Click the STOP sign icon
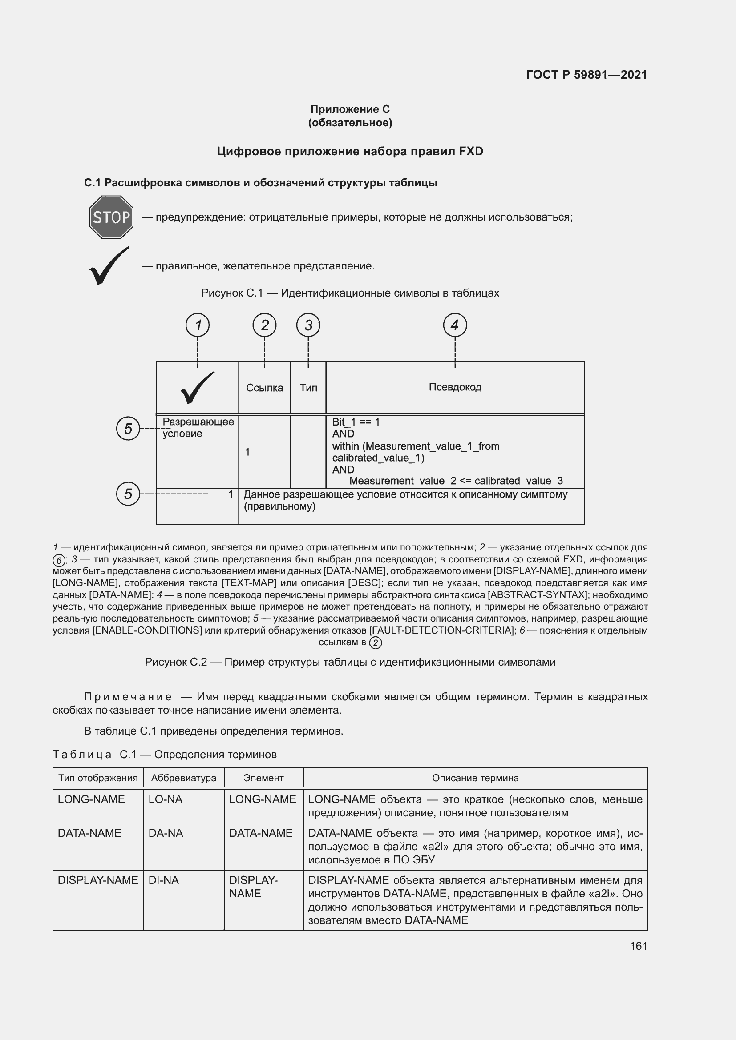(x=111, y=217)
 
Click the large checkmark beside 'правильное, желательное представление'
(x=109, y=266)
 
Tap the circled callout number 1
(x=198, y=325)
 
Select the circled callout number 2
(x=265, y=325)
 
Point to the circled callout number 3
(x=308, y=325)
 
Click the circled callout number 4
(x=455, y=325)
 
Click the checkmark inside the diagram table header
(x=198, y=388)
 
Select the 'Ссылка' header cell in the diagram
(x=264, y=388)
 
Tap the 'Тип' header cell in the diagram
(x=308, y=388)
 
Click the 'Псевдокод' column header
(x=455, y=387)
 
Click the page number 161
(x=638, y=946)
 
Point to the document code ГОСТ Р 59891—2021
(x=587, y=75)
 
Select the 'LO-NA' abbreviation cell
(x=166, y=799)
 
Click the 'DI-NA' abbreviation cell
(x=164, y=880)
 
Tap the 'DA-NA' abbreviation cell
(x=166, y=833)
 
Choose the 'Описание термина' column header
(x=475, y=778)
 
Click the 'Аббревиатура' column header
(x=183, y=778)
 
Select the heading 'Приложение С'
(x=350, y=109)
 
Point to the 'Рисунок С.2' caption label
(x=176, y=662)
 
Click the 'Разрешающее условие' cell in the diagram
(x=198, y=428)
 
